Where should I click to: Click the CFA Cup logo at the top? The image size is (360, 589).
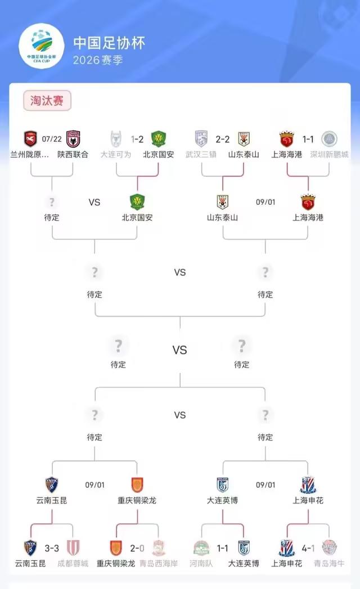(x=42, y=46)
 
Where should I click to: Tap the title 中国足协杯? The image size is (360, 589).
(x=109, y=43)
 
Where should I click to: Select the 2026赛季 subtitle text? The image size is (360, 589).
(x=98, y=60)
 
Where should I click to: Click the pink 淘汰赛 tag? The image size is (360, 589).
(x=47, y=100)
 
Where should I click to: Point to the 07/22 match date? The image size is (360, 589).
(x=52, y=139)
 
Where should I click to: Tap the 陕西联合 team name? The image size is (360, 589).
(x=73, y=154)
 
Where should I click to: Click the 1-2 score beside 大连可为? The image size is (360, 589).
(x=137, y=140)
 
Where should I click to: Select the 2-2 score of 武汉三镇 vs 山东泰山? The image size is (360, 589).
(x=222, y=140)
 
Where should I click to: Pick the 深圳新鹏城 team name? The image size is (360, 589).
(x=329, y=154)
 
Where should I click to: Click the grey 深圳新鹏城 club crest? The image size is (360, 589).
(x=329, y=138)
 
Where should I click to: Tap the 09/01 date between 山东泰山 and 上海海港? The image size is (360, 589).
(x=265, y=202)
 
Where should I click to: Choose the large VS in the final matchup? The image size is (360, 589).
(x=179, y=350)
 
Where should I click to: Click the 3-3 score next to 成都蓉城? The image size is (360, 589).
(x=52, y=548)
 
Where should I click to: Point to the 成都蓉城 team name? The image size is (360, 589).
(x=73, y=564)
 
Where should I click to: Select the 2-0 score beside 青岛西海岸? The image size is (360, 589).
(x=137, y=548)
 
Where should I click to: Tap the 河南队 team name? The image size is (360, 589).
(x=201, y=564)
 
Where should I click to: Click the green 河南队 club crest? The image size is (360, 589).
(x=201, y=548)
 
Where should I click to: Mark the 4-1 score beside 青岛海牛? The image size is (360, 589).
(x=308, y=548)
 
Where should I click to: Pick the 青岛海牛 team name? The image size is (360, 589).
(x=329, y=564)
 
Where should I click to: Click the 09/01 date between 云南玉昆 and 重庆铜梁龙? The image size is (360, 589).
(x=94, y=485)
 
